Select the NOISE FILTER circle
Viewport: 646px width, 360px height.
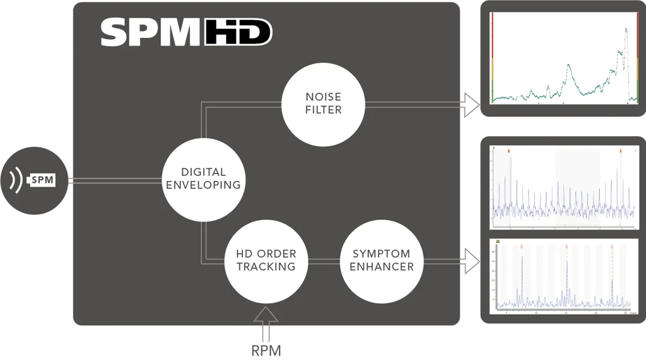click(323, 103)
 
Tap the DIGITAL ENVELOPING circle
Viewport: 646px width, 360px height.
click(202, 178)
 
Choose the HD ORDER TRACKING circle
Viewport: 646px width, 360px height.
click(266, 260)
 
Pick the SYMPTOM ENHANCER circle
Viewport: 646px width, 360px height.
click(381, 260)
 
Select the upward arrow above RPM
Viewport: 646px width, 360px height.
click(266, 318)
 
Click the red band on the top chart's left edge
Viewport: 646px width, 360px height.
click(491, 38)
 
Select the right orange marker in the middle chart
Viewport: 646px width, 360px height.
click(620, 151)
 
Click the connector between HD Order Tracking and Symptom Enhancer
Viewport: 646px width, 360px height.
click(324, 260)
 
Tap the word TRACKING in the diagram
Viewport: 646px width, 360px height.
click(266, 266)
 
